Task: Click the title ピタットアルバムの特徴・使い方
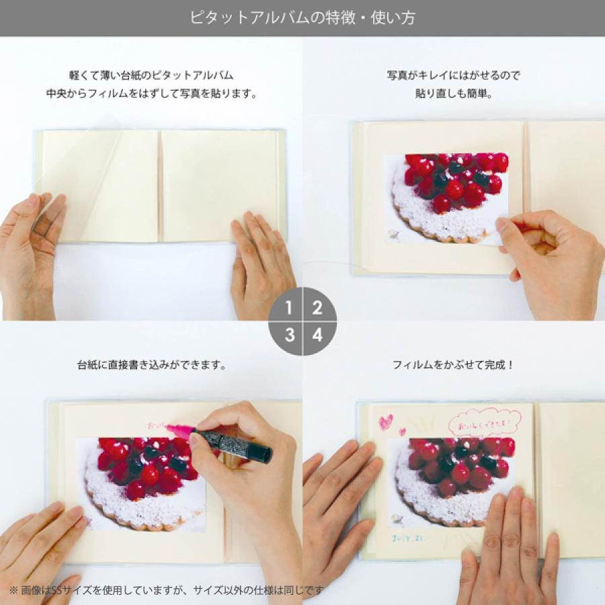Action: pos(302,17)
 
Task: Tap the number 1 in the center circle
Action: pos(288,309)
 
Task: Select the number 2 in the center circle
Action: pos(317,309)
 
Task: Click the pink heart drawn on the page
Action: pos(385,421)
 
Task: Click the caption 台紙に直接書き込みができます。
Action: pos(151,366)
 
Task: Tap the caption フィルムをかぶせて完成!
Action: pos(453,366)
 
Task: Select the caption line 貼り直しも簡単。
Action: pos(453,94)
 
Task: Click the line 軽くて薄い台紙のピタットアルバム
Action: pos(151,75)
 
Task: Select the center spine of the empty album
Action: pos(160,186)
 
